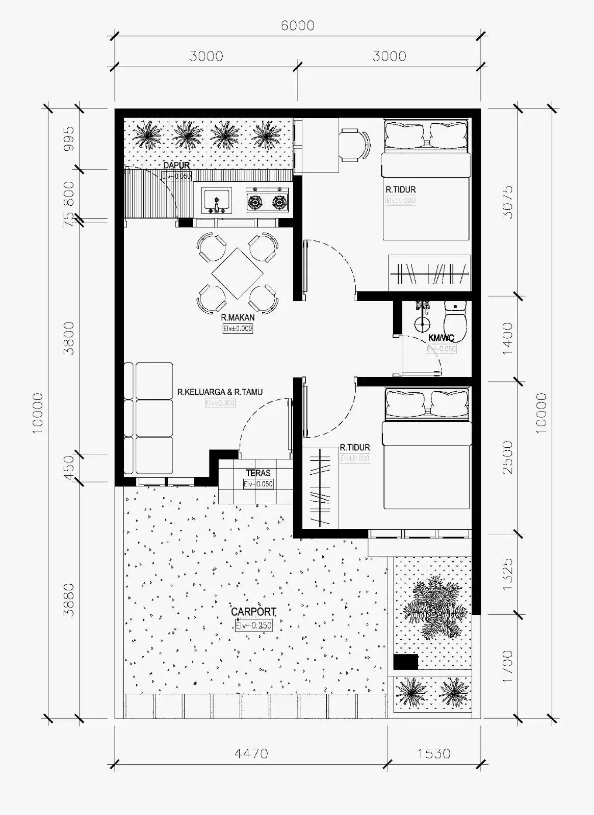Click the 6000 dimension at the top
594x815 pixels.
click(297, 25)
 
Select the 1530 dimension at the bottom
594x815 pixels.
click(434, 753)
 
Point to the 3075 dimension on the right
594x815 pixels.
click(507, 202)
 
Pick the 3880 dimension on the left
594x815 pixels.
click(68, 600)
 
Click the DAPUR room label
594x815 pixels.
click(176, 165)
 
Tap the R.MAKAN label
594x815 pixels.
click(238, 317)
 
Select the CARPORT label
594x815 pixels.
click(253, 612)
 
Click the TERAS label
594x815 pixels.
click(258, 473)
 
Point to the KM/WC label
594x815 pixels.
click(441, 338)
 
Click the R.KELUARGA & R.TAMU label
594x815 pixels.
click(220, 392)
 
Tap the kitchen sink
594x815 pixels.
click(217, 200)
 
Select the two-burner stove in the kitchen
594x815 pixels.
click(266, 200)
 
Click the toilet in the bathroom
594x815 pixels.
click(455, 321)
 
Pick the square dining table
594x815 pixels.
click(237, 273)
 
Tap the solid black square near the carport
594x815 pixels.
click(406, 662)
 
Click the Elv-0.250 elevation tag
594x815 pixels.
click(253, 626)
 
